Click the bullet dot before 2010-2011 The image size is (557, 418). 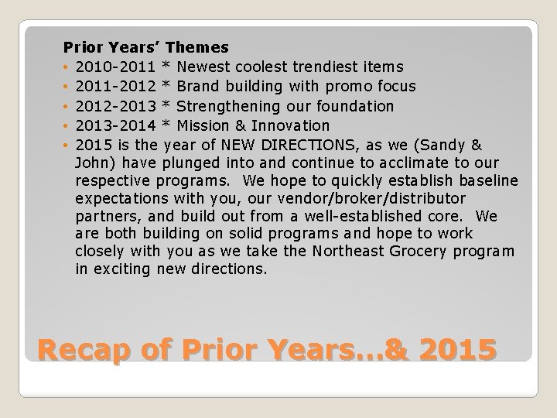tap(67, 67)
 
